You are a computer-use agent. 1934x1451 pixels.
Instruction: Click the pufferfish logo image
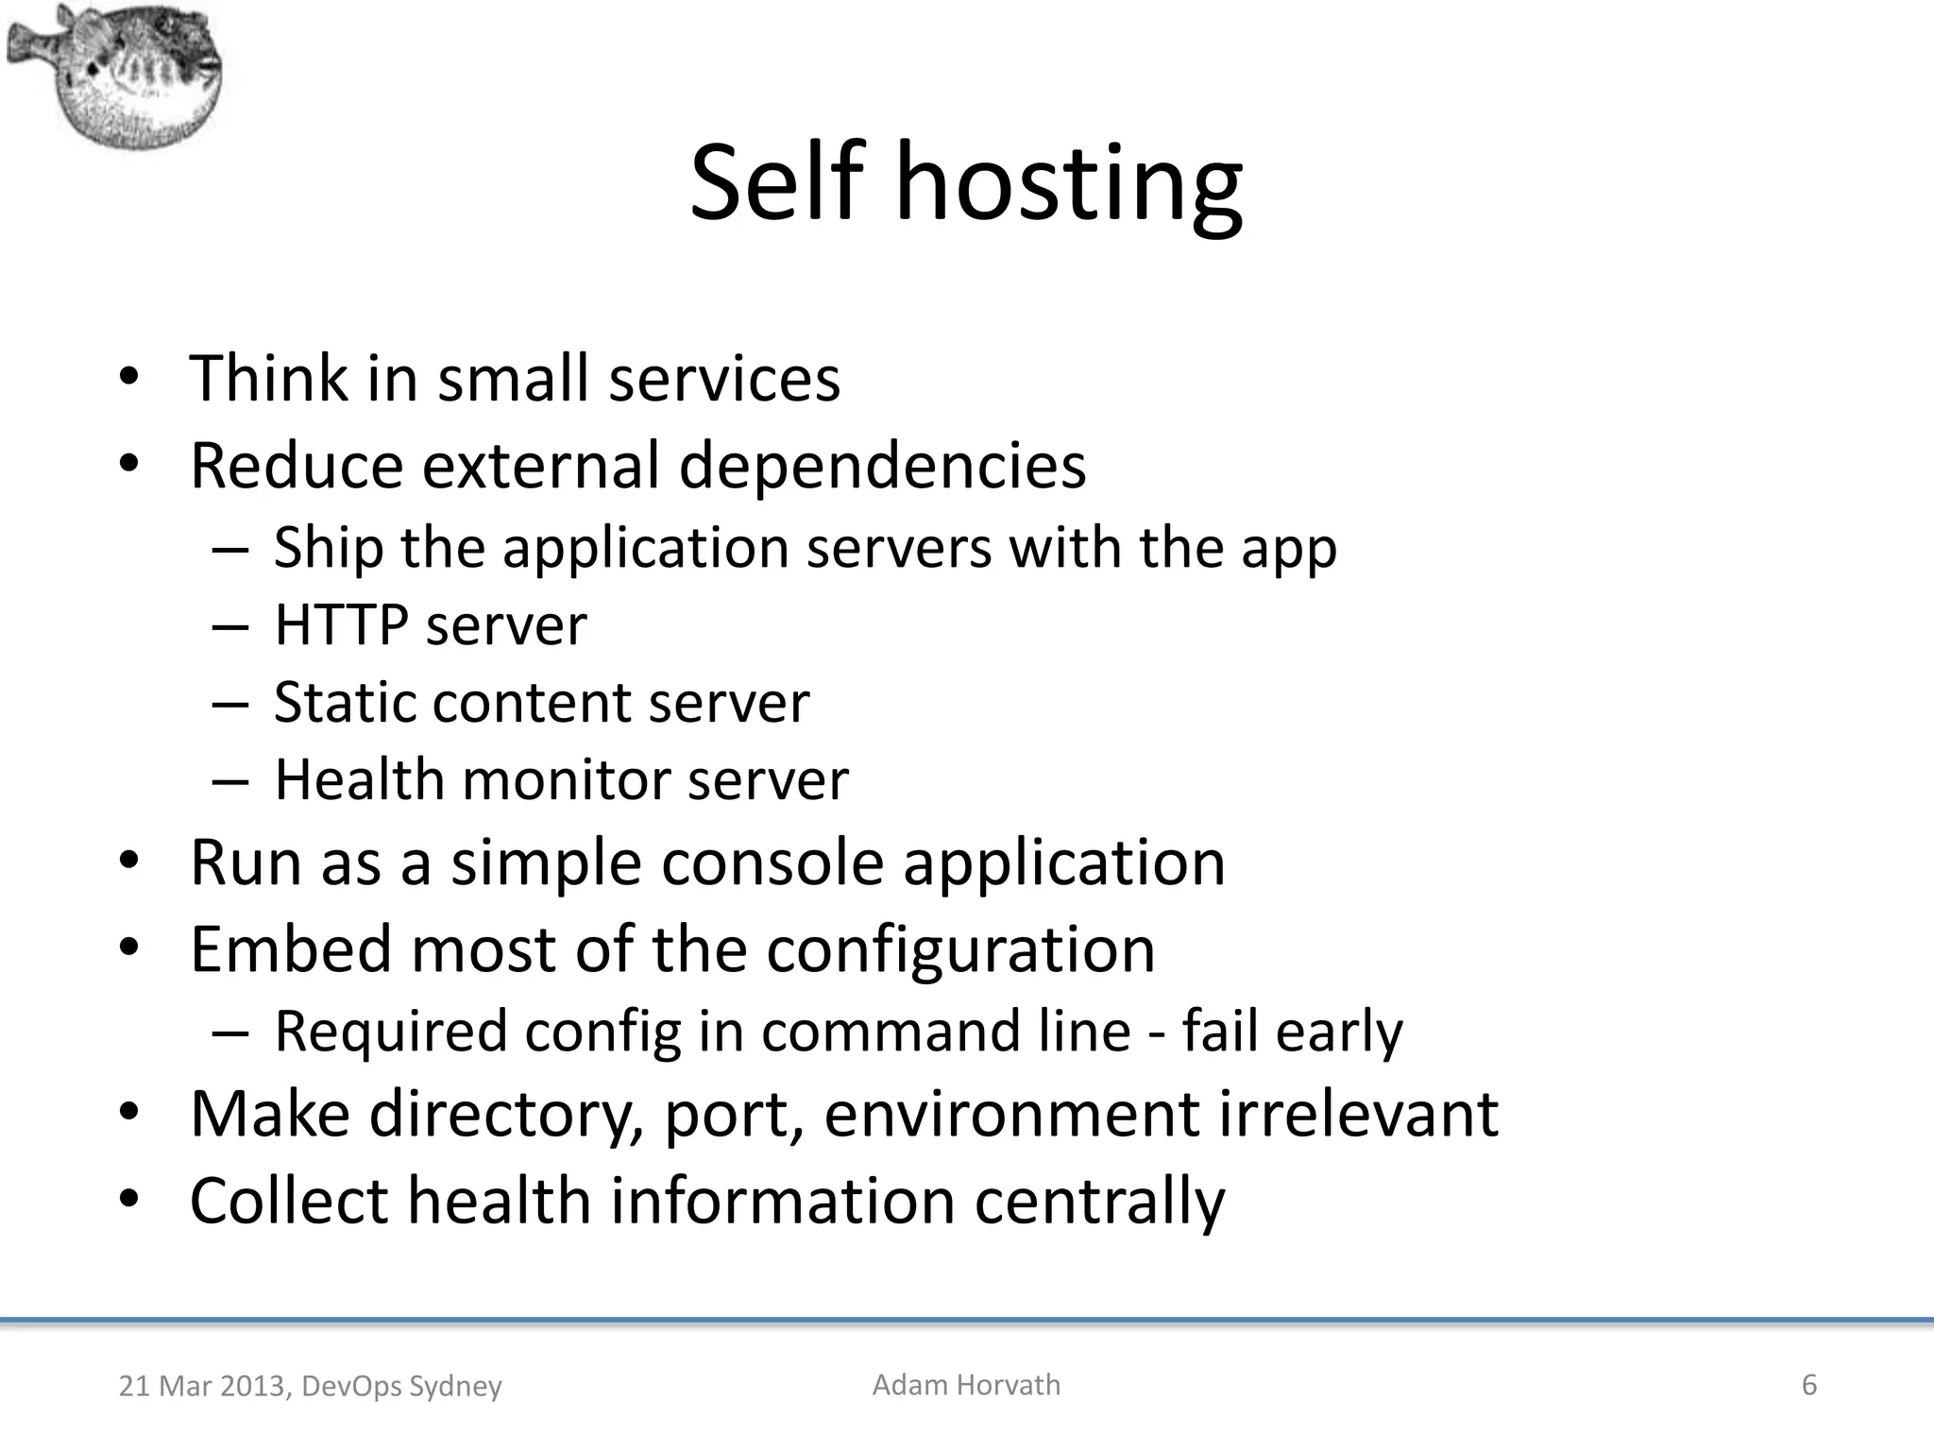(115, 76)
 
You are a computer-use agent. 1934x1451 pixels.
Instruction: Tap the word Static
(345, 702)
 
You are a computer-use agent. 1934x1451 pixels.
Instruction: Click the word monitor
(566, 779)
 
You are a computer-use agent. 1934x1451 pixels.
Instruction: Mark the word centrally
(1099, 1202)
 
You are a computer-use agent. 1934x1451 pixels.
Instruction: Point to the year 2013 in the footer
(250, 1386)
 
